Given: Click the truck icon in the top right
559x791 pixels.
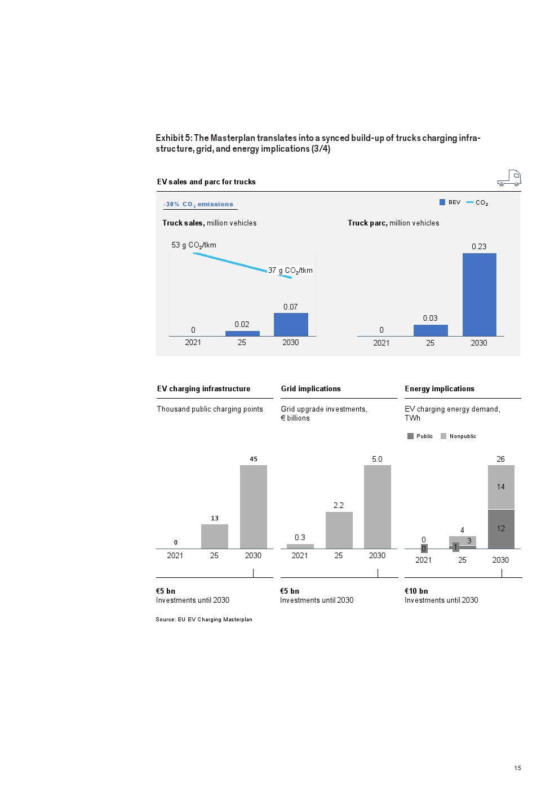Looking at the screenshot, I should point(509,178).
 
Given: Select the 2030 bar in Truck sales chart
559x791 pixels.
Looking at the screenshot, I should point(291,325).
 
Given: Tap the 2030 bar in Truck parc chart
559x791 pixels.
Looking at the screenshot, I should point(479,294).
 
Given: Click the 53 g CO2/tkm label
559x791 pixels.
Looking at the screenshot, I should point(194,245).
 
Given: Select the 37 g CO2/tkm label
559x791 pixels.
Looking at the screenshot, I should point(290,271).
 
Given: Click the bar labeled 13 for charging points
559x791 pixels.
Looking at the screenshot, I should point(214,536).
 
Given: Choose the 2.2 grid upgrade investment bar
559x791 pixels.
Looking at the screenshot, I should point(339,530).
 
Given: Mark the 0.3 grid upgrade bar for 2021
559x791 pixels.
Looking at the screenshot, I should point(300,546).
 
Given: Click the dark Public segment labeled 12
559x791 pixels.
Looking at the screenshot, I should point(500,529).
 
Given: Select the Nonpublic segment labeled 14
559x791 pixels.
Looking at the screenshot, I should point(500,487).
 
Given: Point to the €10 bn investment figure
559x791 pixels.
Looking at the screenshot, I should point(416,591).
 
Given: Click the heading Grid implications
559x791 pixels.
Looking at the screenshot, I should point(310,389).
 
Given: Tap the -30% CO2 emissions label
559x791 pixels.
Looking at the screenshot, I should point(198,205).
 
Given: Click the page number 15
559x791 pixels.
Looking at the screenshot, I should point(517,768).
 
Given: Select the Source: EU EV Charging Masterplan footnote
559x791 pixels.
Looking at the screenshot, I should point(204,620).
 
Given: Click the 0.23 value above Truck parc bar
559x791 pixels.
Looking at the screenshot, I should point(479,246).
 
